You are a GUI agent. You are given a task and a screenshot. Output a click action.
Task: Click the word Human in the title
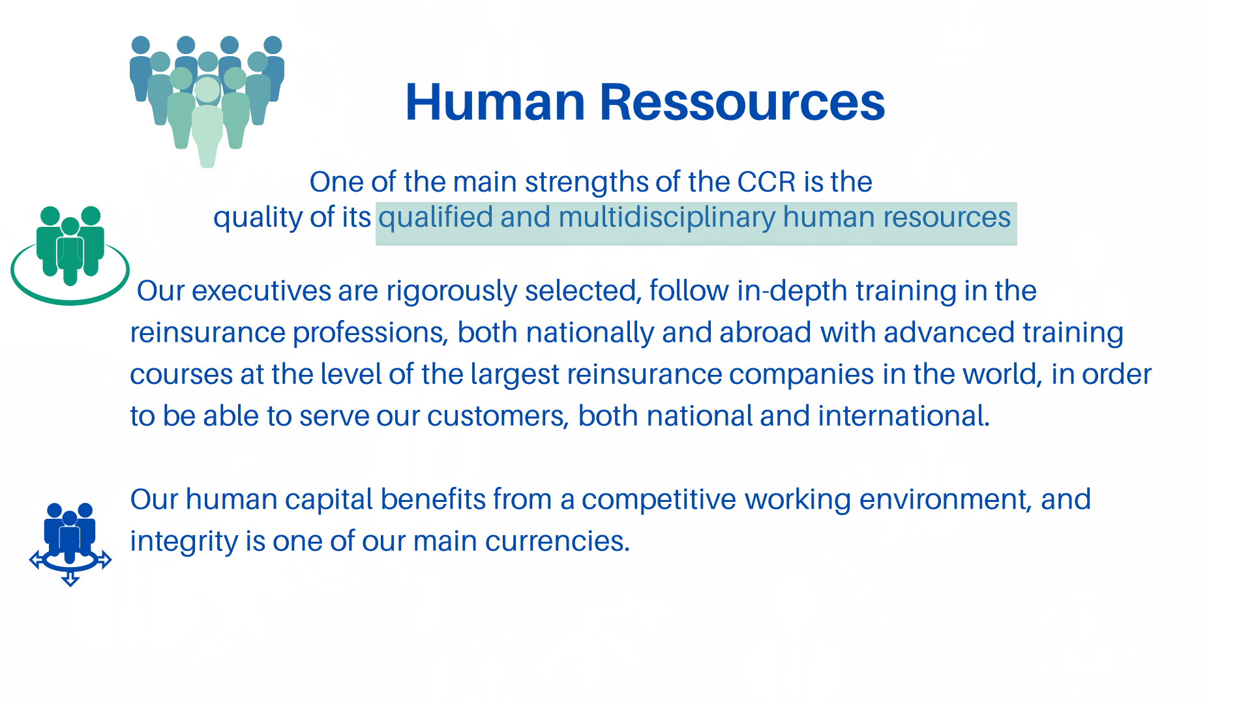coord(495,102)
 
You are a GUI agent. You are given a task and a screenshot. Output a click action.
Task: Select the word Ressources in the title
coord(742,102)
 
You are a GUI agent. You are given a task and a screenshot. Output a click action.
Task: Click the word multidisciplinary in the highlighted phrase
coord(666,218)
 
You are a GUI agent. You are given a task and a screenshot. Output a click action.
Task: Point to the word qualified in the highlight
coord(436,218)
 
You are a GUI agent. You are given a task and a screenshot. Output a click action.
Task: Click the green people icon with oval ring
coord(70,256)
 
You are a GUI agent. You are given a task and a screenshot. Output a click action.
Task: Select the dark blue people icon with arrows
coord(70,544)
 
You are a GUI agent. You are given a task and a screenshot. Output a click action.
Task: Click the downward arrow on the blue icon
coord(70,578)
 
